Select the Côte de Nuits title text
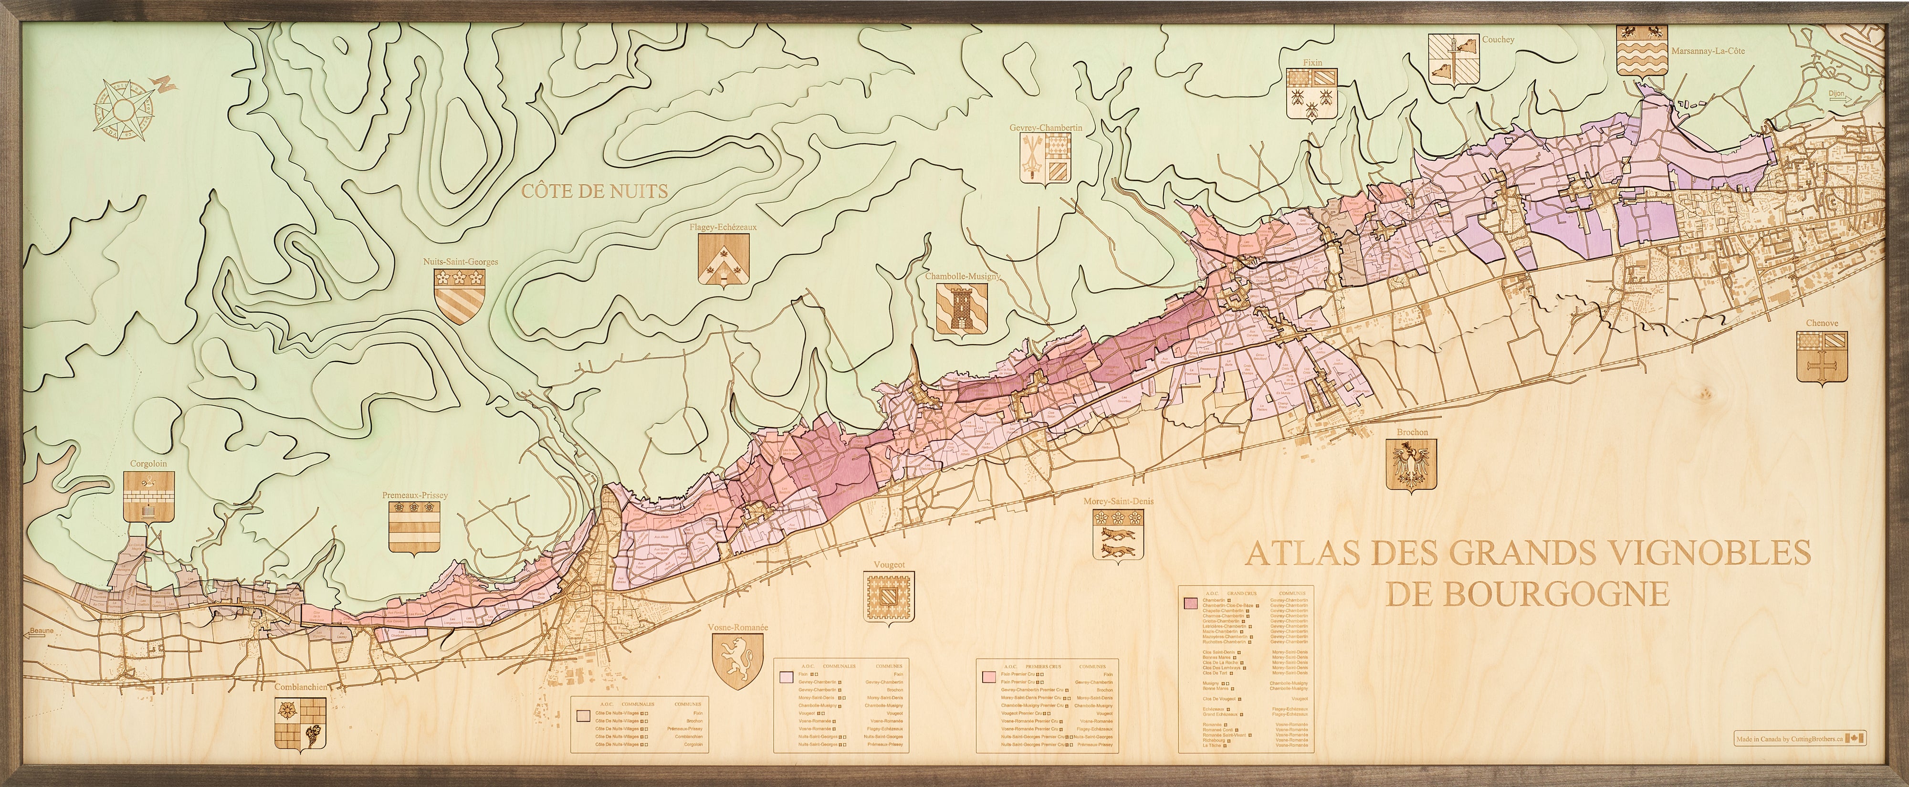point(594,191)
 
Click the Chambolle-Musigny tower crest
point(962,311)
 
